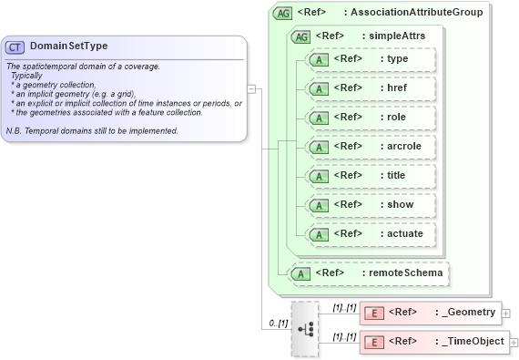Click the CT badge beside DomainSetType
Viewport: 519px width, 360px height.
click(x=15, y=46)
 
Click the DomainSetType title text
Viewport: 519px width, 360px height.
click(x=68, y=46)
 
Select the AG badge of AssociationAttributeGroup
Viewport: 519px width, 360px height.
click(x=283, y=13)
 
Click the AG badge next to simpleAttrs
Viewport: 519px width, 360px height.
click(x=300, y=36)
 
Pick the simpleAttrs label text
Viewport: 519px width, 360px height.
click(x=393, y=36)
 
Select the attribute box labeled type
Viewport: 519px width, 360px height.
click(x=371, y=59)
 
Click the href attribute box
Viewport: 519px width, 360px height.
click(x=371, y=88)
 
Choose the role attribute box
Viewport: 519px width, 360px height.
click(x=371, y=118)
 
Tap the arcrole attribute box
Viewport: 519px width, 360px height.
click(x=371, y=147)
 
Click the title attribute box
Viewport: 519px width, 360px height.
click(x=371, y=176)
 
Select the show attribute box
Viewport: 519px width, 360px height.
click(x=371, y=205)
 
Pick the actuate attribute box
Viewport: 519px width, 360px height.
click(x=371, y=234)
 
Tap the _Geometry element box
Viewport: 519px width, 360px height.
click(x=430, y=313)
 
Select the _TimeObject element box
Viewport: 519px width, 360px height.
click(x=433, y=342)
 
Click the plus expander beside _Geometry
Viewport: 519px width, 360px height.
click(x=506, y=314)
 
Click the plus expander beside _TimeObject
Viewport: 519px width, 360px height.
click(x=514, y=343)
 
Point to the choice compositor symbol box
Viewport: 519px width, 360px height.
click(x=305, y=328)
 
